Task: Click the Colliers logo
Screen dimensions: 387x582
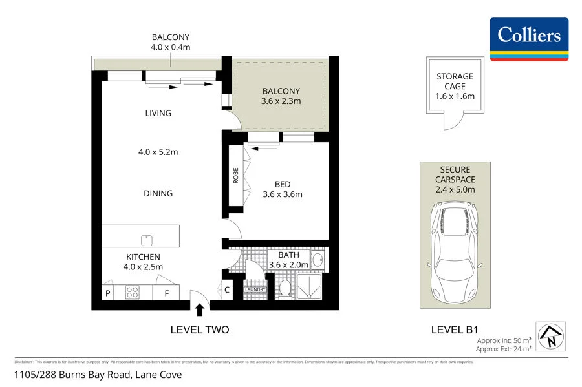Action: tap(529, 39)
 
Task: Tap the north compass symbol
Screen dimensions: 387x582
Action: tap(551, 335)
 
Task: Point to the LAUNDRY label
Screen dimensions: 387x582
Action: tap(255, 289)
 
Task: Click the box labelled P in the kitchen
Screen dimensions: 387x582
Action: tap(108, 293)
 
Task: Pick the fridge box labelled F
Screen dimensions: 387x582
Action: tap(166, 293)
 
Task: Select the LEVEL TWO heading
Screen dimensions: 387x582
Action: tap(199, 329)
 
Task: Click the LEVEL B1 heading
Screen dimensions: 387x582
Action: tap(455, 329)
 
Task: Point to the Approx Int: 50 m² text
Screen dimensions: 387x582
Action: tap(504, 340)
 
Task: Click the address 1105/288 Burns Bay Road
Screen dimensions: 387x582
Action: tap(99, 375)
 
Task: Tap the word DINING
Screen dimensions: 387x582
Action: tap(158, 193)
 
